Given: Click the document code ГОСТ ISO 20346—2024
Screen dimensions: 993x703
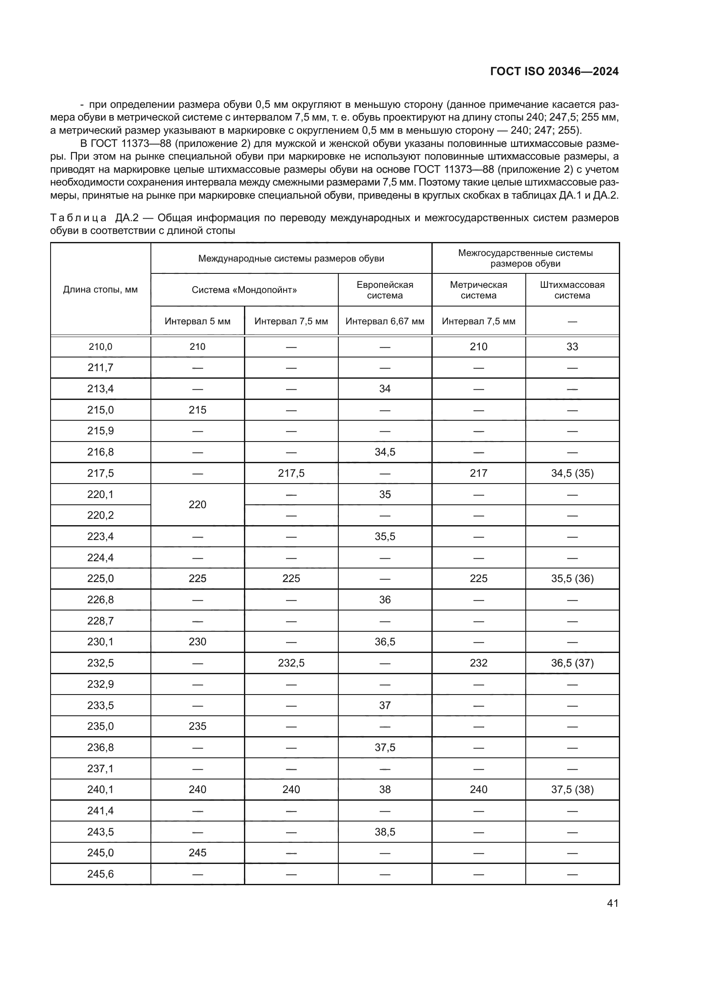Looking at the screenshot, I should point(554,71).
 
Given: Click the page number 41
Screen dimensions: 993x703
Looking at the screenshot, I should point(612,903).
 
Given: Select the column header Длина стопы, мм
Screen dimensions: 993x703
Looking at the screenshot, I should point(100,290).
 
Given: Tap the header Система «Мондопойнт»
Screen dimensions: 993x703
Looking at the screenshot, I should point(244,290).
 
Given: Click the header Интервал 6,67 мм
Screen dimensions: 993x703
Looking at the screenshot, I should point(385,321).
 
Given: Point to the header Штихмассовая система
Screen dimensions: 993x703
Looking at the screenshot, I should point(572,290).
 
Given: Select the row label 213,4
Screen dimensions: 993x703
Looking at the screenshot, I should point(100,389).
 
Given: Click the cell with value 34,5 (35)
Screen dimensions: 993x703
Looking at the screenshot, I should point(572,473).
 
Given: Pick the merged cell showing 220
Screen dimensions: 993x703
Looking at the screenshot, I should point(197,504).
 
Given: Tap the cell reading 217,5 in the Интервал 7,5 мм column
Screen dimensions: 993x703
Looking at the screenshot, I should point(291,473).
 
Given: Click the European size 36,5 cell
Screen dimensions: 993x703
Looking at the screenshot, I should point(385,642).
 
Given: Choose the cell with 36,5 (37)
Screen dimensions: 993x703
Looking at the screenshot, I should point(572,663).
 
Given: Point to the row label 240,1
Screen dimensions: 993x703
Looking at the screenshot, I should point(100,790).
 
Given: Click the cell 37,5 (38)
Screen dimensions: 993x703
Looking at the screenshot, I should point(572,790).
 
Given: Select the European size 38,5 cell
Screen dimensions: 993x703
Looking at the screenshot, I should point(385,832).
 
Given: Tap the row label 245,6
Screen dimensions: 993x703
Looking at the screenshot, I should point(100,874).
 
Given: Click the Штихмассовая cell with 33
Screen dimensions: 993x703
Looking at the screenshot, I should point(572,346).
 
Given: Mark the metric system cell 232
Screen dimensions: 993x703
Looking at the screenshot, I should point(478,663).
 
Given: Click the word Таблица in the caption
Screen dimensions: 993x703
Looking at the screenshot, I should point(78,217).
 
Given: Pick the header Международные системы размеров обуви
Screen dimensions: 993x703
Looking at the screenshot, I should point(291,258).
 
